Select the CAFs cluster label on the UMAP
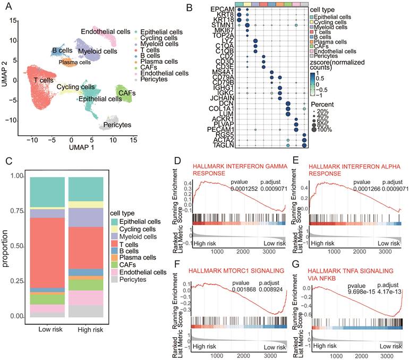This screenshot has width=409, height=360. [127, 93]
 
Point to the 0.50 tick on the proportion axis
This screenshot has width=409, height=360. [16, 246]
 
